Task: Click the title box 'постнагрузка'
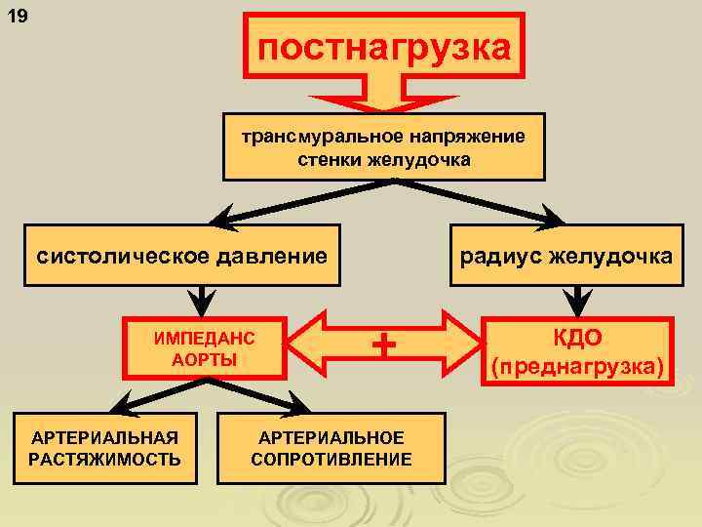coord(383,46)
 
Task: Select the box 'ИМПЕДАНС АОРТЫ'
coord(204,347)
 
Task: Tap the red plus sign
coord(387,345)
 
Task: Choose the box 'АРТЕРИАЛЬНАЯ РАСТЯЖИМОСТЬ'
coord(105,448)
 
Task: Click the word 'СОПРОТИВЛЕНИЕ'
coord(331,459)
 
